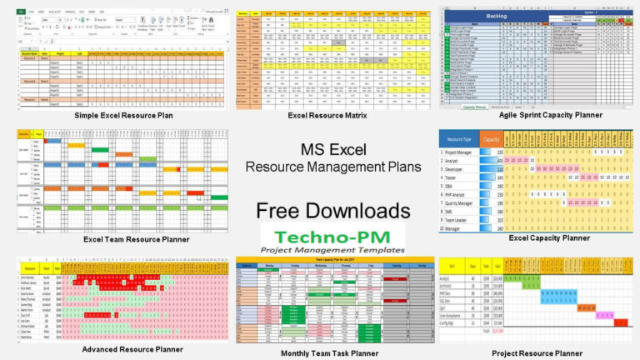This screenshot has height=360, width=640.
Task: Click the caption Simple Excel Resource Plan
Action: pyautogui.click(x=123, y=115)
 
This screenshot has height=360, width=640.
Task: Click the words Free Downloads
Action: pyautogui.click(x=332, y=210)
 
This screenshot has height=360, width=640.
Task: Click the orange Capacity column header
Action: pyautogui.click(x=491, y=139)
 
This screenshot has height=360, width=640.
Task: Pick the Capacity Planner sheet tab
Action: pyautogui.click(x=474, y=107)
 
